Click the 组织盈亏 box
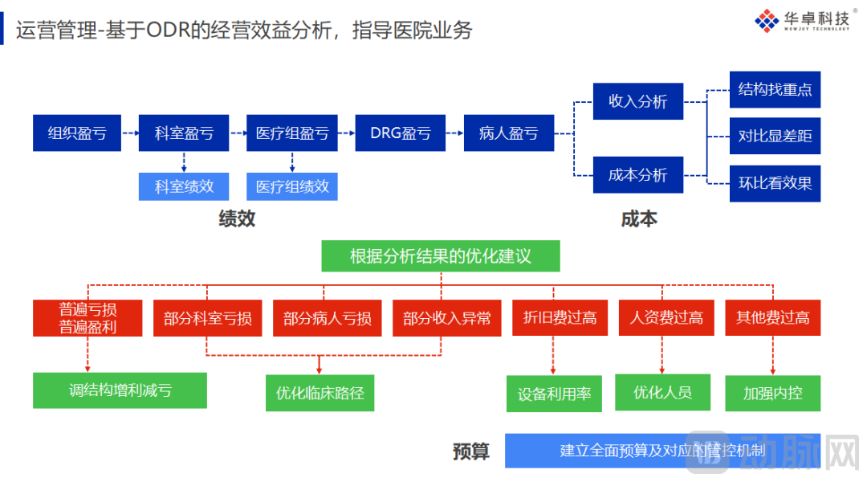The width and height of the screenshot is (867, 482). pos(77,133)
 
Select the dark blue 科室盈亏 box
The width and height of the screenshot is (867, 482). pos(184,133)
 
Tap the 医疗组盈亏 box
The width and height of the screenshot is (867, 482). pos(292,133)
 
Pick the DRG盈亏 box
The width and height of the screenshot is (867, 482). pos(400,133)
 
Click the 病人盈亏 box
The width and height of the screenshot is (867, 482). pos(508,133)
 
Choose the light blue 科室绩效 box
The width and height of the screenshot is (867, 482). pos(184,186)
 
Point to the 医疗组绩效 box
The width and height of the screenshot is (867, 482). pos(292,186)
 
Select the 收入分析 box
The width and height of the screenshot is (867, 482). pos(638,101)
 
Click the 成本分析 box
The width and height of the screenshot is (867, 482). pos(638,174)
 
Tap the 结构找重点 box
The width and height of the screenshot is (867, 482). pos(775,89)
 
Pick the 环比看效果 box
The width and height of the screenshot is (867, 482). pos(775,183)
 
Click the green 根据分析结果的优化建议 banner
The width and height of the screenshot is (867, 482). pos(441,256)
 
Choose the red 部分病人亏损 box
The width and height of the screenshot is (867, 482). pos(328,318)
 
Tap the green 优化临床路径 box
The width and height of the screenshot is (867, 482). pos(320,393)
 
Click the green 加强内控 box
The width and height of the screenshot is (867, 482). pos(772,393)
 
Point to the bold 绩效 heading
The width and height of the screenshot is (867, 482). pos(237,219)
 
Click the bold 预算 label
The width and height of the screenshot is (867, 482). pos(470,451)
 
